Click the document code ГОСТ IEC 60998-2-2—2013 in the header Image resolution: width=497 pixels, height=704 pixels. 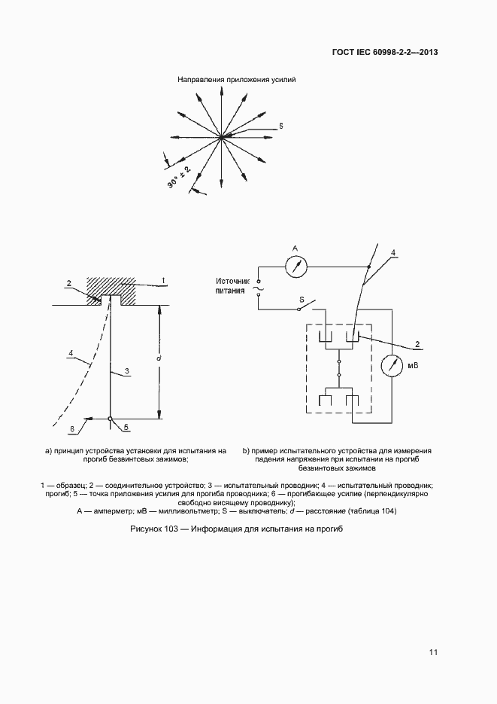tap(384, 52)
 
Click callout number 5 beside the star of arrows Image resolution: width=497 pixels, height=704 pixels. tap(280, 126)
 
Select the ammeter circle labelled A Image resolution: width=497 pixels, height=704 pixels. tap(299, 266)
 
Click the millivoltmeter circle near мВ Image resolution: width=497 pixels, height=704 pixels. tap(392, 365)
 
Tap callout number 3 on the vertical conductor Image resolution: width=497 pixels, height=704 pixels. tap(127, 370)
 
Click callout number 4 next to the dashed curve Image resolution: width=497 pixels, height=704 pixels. tap(70, 352)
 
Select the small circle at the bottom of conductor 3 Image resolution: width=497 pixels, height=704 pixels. tap(111, 419)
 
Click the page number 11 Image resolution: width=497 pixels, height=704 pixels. tap(433, 652)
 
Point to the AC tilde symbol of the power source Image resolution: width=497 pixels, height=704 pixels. tap(257, 288)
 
